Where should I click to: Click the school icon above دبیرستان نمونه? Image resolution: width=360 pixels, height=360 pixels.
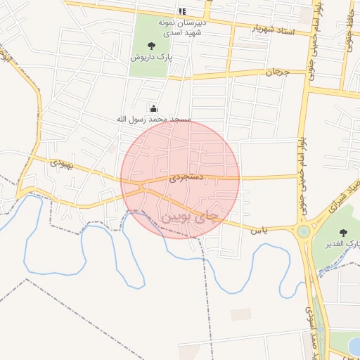pos(183,11)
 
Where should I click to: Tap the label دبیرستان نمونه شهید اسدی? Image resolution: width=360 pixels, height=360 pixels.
pos(183,27)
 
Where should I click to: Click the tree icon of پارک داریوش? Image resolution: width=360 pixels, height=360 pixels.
pos(152,46)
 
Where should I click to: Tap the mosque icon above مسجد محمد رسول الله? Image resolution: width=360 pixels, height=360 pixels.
pos(153,108)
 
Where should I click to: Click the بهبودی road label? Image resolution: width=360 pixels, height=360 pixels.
pos(61,163)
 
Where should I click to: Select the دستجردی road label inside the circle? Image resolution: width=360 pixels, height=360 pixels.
pos(187,178)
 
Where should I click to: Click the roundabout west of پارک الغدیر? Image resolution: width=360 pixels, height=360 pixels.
pos(304,231)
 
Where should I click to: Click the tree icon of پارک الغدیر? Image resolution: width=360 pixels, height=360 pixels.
pos(343,233)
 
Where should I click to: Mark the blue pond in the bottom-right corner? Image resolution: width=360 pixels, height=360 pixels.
pos(354,345)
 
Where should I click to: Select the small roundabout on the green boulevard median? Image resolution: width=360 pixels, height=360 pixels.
pos(320,328)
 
